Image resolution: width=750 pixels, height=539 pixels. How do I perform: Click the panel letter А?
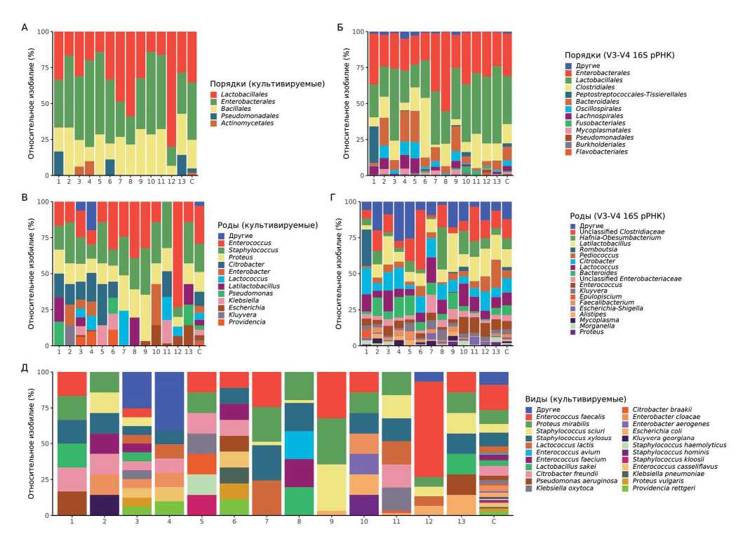[25, 27]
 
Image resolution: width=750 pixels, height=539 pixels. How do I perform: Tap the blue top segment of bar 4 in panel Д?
[168, 400]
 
